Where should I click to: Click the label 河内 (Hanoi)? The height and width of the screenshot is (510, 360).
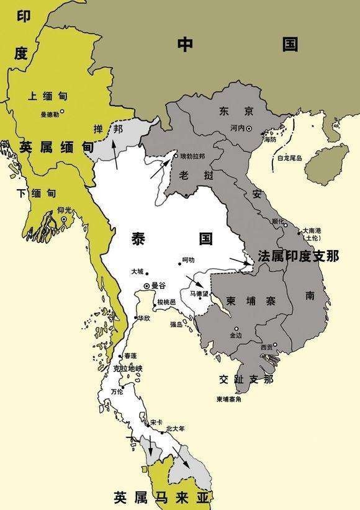point(236,128)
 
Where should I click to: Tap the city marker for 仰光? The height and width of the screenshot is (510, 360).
point(63,219)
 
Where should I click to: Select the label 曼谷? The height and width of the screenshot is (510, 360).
point(159,285)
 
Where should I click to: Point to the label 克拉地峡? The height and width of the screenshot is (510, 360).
point(128,369)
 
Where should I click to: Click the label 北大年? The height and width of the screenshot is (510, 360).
point(176,428)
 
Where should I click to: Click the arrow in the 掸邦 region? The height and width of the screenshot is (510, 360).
point(114,154)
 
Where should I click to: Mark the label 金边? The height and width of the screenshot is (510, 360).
point(236,335)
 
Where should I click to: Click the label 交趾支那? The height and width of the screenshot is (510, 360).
point(246,378)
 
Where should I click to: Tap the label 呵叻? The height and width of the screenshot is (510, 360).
point(188,260)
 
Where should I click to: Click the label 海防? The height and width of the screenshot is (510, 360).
point(269,140)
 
